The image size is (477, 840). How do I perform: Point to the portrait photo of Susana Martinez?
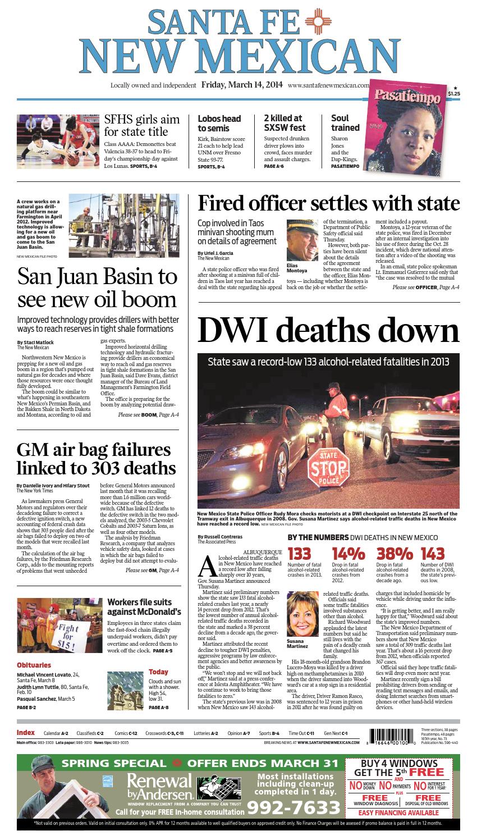pyautogui.click(x=304, y=614)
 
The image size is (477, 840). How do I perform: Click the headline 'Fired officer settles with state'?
pyautogui.click(x=328, y=203)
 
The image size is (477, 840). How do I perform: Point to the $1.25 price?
pyautogui.click(x=455, y=94)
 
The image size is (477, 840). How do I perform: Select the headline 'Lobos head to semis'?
pyautogui.click(x=219, y=123)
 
